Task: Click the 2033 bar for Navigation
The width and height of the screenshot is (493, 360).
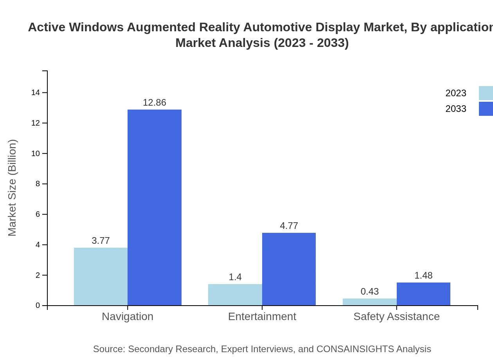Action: pyautogui.click(x=155, y=207)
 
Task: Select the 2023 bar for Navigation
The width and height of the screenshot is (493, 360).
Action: pyautogui.click(x=101, y=276)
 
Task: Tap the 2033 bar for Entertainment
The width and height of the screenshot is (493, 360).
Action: pyautogui.click(x=289, y=269)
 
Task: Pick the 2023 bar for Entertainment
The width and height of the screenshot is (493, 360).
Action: pyautogui.click(x=235, y=295)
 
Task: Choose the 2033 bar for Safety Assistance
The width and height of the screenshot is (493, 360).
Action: pyautogui.click(x=423, y=294)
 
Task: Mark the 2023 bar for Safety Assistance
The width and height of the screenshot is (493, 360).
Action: pyautogui.click(x=369, y=302)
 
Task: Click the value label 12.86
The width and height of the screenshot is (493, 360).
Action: pyautogui.click(x=155, y=103)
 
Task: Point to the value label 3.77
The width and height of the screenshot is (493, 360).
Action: pyautogui.click(x=101, y=241)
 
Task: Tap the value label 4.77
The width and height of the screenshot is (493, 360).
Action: pyautogui.click(x=289, y=226)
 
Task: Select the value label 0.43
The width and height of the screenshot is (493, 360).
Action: pyautogui.click(x=369, y=292)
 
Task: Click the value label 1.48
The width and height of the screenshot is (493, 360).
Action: pyautogui.click(x=423, y=275)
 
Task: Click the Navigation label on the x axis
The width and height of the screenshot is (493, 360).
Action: pyautogui.click(x=128, y=316)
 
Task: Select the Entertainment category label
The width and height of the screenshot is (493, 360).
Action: pyautogui.click(x=262, y=316)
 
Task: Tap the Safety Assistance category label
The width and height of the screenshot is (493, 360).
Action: pyautogui.click(x=396, y=316)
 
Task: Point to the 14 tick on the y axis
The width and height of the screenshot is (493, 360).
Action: pyautogui.click(x=36, y=93)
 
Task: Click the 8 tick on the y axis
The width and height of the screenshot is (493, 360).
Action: pyautogui.click(x=38, y=184)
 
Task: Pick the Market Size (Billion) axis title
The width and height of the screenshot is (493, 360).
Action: pyautogui.click(x=12, y=188)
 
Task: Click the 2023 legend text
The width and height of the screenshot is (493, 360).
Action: pyautogui.click(x=456, y=93)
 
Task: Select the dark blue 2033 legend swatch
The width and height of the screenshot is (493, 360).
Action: pyautogui.click(x=486, y=109)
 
